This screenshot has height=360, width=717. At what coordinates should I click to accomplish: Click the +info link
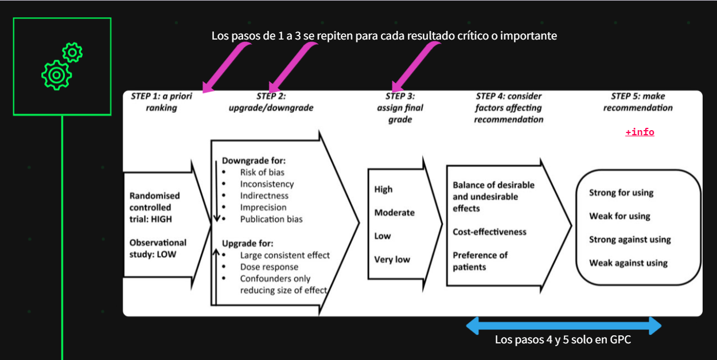tap(640, 132)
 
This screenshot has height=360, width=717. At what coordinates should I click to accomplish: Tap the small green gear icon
tap(72, 53)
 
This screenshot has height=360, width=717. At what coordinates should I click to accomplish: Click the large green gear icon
tap(56, 75)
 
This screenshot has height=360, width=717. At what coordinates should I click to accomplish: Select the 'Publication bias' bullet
tap(271, 219)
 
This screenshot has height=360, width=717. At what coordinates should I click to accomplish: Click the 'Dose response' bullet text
tap(269, 267)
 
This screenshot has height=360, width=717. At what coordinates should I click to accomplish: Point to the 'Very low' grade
tap(392, 260)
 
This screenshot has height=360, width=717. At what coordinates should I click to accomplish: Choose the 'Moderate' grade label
tap(394, 213)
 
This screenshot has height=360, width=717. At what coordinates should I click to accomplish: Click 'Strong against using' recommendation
tap(629, 240)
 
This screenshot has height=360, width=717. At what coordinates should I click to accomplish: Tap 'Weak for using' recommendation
tap(619, 216)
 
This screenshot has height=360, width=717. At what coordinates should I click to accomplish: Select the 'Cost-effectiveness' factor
tap(489, 232)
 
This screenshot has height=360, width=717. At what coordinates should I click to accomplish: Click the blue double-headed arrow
tap(563, 326)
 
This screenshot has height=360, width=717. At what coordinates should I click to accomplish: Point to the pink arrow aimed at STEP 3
tap(414, 65)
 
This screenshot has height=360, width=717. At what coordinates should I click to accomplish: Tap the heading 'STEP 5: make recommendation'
tap(638, 102)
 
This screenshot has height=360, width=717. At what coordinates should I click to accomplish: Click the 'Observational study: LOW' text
tap(158, 248)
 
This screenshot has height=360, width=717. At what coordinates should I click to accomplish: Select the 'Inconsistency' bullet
tap(267, 184)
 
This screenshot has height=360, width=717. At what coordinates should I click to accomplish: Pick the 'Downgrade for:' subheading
tap(254, 161)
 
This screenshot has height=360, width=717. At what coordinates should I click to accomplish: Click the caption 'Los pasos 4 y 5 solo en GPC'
tap(563, 340)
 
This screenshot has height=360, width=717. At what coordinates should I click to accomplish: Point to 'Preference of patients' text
tap(480, 261)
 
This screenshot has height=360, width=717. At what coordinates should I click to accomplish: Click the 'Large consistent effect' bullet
tap(285, 255)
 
